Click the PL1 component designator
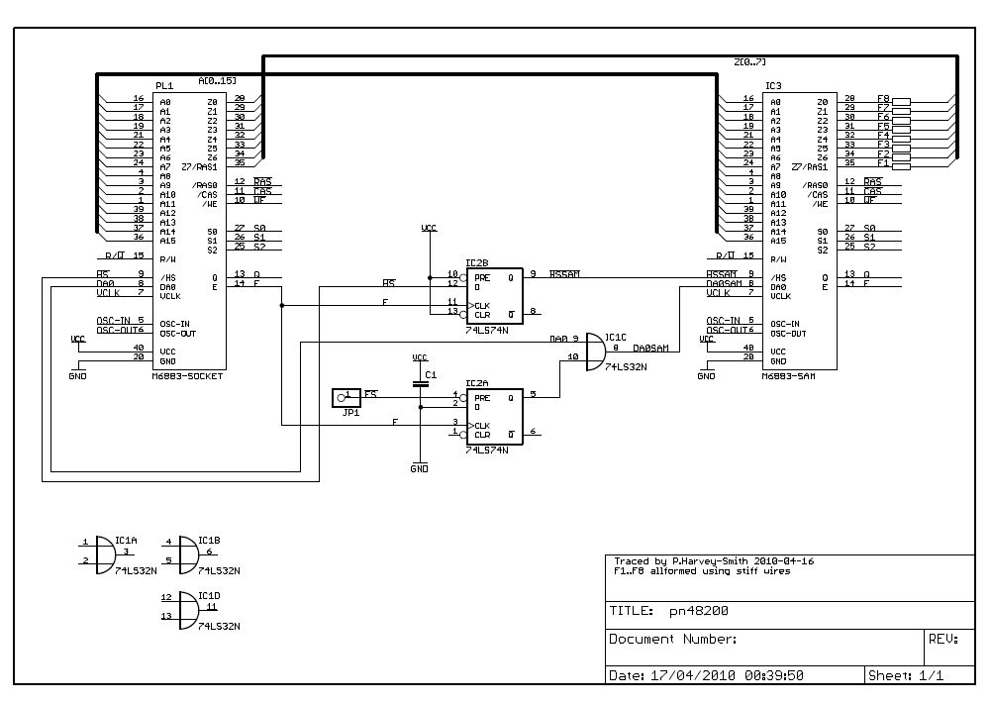pos(164,86)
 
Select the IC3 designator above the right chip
pos(773,86)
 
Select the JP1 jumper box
pos(347,397)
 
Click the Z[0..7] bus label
pos(748,63)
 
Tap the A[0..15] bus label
pos(217,79)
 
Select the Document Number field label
pos(673,639)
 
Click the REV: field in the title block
pos(942,639)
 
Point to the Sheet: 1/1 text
pos(904,674)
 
